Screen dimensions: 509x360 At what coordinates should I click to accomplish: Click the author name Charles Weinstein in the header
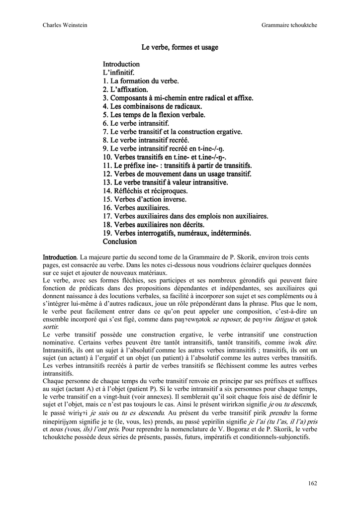[x=63, y=25]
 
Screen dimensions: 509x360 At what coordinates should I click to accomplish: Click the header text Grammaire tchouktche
[x=289, y=25]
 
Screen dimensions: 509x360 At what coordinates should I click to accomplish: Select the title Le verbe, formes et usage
[x=180, y=47]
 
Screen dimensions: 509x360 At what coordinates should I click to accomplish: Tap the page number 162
[x=312, y=483]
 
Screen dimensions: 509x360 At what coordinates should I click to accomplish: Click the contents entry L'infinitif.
[x=119, y=73]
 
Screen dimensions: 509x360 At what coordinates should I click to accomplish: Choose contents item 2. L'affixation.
[x=125, y=89]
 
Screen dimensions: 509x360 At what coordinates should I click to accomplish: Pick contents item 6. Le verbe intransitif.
[x=136, y=123]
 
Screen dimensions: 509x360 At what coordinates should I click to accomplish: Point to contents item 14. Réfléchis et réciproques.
[x=145, y=191]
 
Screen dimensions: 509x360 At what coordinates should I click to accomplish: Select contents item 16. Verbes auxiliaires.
[x=136, y=208]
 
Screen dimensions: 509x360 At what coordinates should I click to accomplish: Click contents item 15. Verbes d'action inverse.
[x=145, y=199]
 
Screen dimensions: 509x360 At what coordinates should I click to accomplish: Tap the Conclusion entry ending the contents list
[x=119, y=242]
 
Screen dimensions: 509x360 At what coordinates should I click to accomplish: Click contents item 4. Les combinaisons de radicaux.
[x=153, y=106]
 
